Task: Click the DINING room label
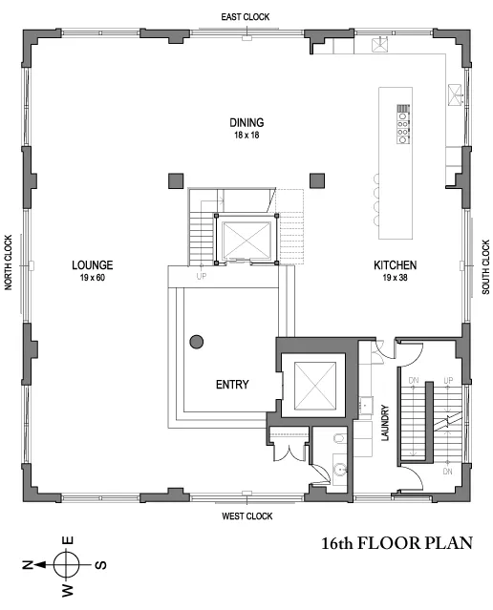[246, 122]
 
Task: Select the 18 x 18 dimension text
[246, 135]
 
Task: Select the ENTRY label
[231, 385]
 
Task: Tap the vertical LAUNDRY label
[385, 421]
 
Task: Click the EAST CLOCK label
[246, 16]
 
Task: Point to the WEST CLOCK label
[246, 516]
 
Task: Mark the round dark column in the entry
[198, 341]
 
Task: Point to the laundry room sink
[365, 405]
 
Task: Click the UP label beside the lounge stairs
[201, 276]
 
